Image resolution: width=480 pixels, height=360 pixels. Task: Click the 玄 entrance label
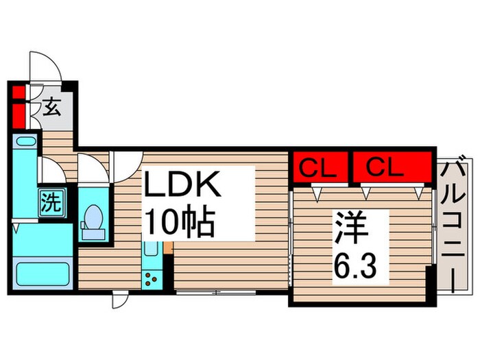(x=51, y=108)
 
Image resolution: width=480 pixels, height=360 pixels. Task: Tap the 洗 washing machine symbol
(x=49, y=202)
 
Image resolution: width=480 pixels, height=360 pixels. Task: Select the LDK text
(x=181, y=187)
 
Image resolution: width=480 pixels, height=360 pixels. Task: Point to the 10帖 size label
(x=179, y=221)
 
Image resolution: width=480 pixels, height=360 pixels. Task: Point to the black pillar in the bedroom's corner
(x=430, y=283)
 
